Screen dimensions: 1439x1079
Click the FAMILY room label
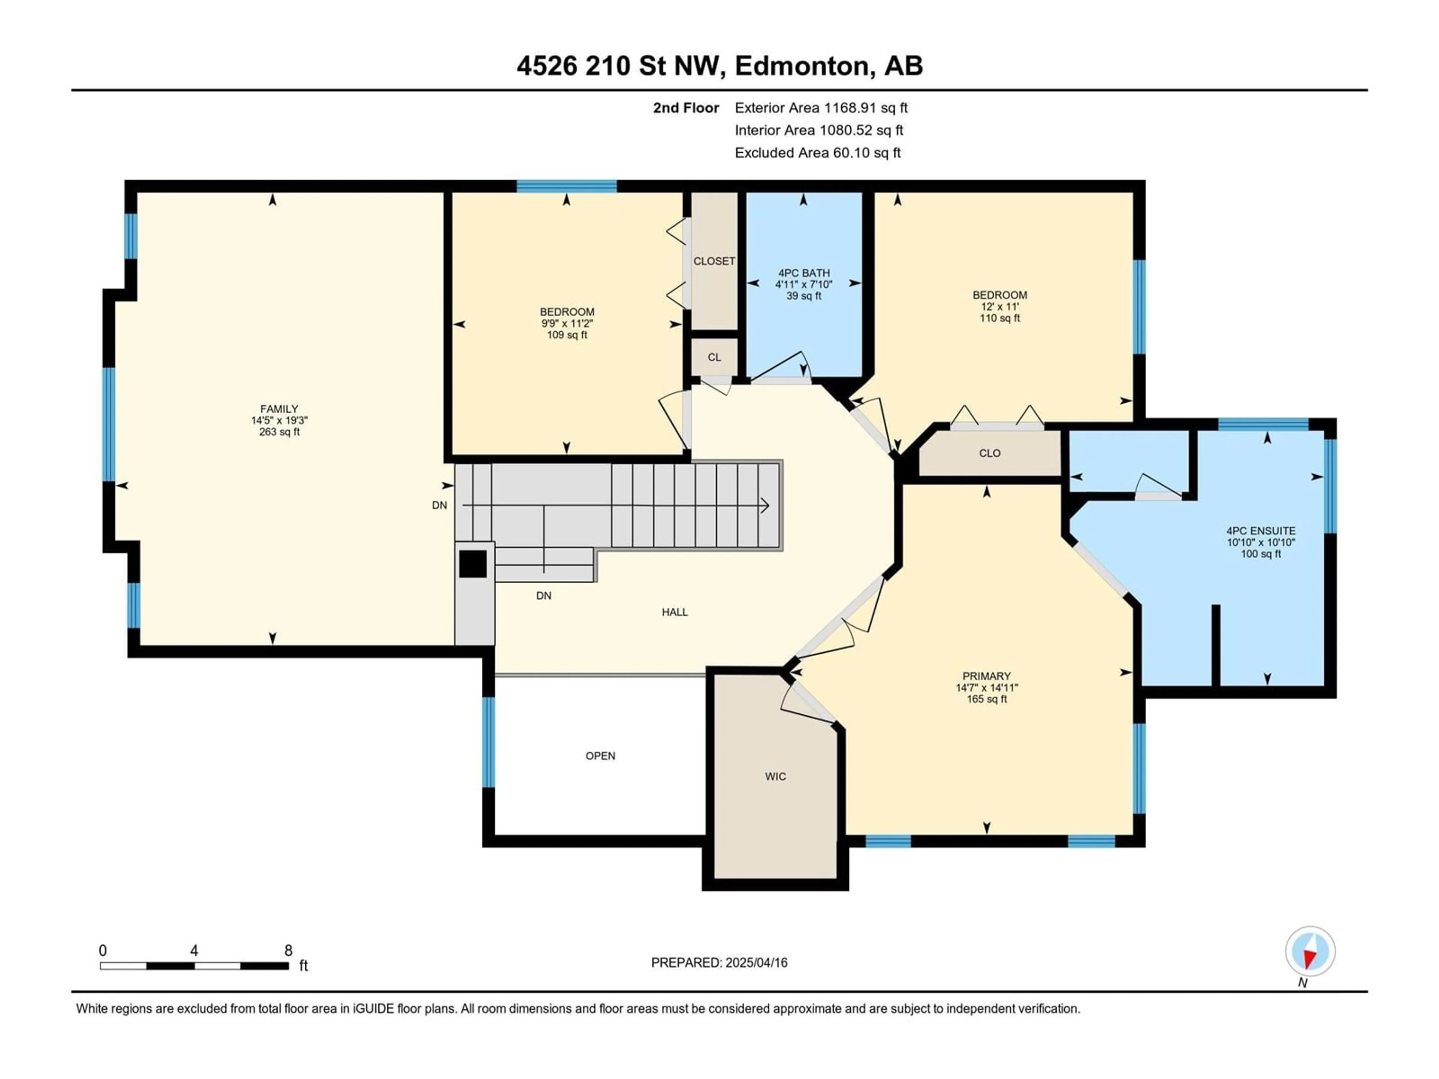(279, 409)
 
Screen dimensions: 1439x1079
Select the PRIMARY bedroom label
(987, 676)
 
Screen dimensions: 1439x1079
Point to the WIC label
(775, 777)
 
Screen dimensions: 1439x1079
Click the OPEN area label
(600, 756)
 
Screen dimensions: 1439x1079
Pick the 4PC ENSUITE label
(1261, 531)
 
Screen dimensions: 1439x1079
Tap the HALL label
(675, 612)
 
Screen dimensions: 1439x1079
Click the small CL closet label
(714, 357)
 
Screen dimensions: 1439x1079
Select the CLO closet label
(989, 453)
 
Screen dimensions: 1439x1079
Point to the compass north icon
(1310, 952)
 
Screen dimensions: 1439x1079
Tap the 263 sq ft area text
(279, 432)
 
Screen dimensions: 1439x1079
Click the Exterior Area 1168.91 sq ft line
(821, 108)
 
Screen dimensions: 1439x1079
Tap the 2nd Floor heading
(686, 108)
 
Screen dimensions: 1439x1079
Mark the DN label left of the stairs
(440, 505)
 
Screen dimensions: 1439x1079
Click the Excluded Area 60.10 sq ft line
(818, 153)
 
